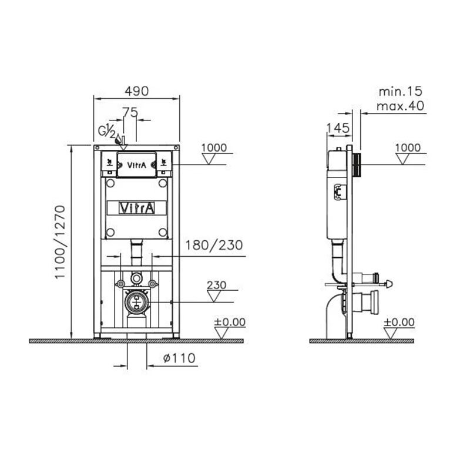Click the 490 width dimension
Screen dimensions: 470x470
click(x=137, y=91)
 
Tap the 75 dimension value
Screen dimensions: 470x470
click(x=130, y=112)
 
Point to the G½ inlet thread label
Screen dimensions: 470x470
click(x=107, y=131)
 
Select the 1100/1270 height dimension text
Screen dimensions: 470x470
click(x=60, y=242)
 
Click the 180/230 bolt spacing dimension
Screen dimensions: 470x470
click(x=214, y=245)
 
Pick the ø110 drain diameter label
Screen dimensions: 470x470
click(x=180, y=358)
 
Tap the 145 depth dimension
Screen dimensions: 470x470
click(x=338, y=128)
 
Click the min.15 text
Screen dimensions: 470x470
click(x=401, y=92)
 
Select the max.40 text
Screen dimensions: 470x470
click(x=401, y=106)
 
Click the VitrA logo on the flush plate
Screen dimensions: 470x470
click(x=137, y=165)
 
